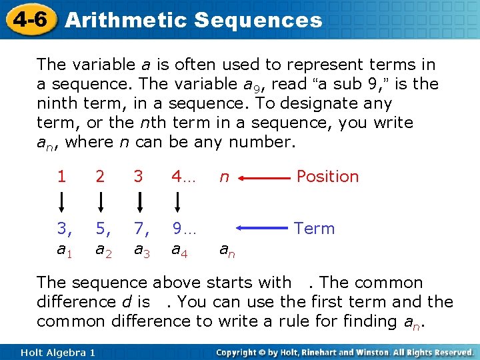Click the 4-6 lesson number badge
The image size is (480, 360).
tap(27, 19)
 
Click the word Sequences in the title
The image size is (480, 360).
tap(258, 20)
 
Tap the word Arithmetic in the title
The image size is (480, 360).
tap(127, 20)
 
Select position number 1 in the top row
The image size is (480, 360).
tap(61, 177)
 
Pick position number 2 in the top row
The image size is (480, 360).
tap(100, 177)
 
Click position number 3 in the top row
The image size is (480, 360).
tap(139, 177)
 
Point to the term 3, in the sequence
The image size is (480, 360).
tap(64, 229)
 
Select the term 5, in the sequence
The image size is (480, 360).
tap(103, 229)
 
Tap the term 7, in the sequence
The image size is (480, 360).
tap(141, 229)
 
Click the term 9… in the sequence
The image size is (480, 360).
tap(183, 229)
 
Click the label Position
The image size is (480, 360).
tap(327, 176)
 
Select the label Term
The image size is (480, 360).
tap(314, 229)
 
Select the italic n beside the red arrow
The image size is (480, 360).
tap(225, 178)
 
